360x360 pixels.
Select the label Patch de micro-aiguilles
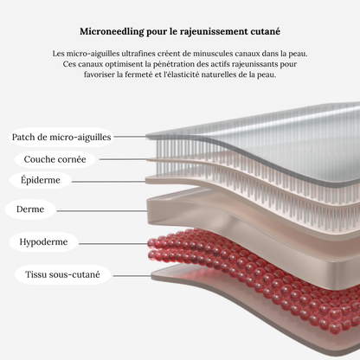pos(61,137)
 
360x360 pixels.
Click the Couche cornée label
pos(55,159)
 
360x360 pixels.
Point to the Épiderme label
pos(41,180)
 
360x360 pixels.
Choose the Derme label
pos(30,209)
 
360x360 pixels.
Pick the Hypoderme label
pos(43,241)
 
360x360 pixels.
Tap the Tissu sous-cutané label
pos(62,274)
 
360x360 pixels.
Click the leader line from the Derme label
pos(102,211)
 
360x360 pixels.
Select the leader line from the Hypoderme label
pos(113,244)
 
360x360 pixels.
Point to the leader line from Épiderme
pos(109,182)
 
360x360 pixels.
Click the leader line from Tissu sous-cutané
pos(132,276)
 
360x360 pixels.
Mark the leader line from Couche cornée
pos(123,159)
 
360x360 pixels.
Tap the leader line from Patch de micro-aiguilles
pos(130,137)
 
